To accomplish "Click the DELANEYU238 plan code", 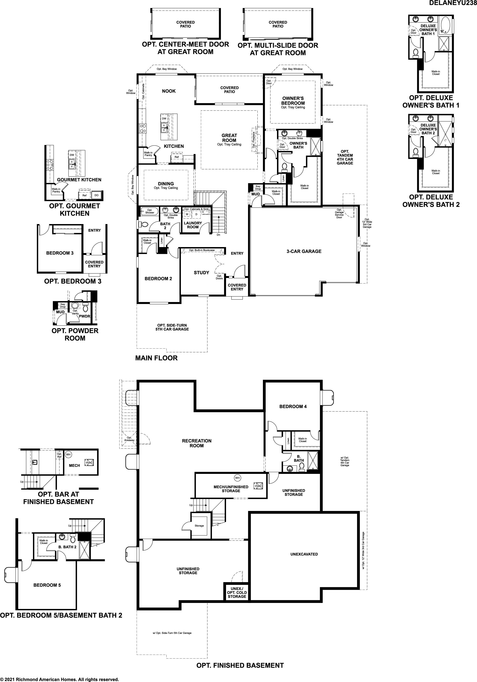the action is point(453,3).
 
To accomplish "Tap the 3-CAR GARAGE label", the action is point(304,251).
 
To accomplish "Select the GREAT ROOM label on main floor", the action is point(229,138).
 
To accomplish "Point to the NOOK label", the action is point(169,91).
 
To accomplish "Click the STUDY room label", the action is point(202,273).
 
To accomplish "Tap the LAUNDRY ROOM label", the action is point(193,225).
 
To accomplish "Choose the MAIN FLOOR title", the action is point(156,358).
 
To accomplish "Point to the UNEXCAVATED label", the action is point(304,554).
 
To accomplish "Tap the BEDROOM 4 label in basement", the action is point(293,407).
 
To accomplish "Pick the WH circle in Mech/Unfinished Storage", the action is point(237,478).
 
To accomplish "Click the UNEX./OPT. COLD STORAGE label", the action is point(237,592).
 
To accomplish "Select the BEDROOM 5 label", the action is point(47,585).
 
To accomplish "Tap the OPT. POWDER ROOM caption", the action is point(75,334).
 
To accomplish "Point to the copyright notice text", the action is point(59,679).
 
